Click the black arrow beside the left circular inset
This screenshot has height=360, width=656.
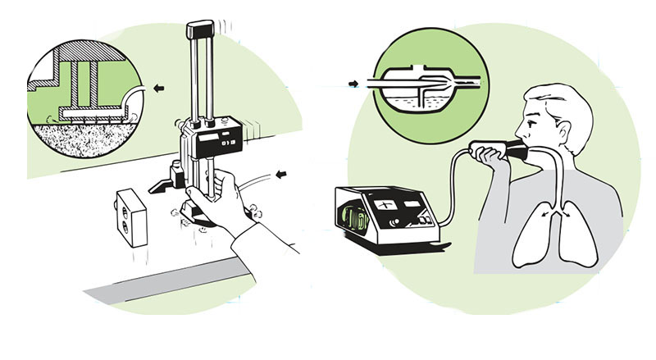159,86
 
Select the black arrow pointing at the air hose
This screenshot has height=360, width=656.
284,173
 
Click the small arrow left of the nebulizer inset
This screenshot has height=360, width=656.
353,83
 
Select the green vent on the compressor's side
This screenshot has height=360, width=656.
353,221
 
